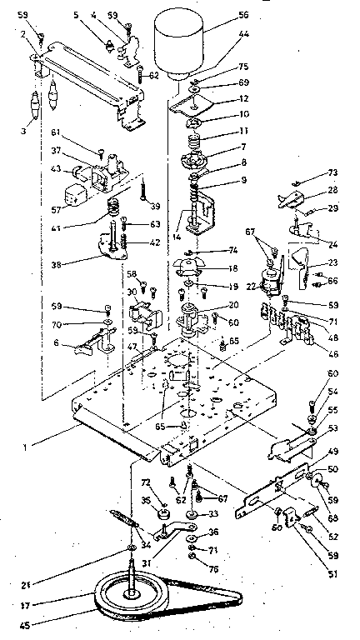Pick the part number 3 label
pyautogui.click(x=24, y=131)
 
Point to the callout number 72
pyautogui.click(x=145, y=482)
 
